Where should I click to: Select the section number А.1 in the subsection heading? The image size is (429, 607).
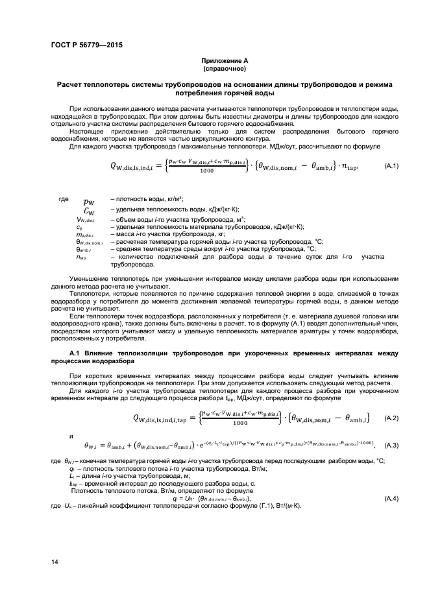pyautogui.click(x=75, y=353)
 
